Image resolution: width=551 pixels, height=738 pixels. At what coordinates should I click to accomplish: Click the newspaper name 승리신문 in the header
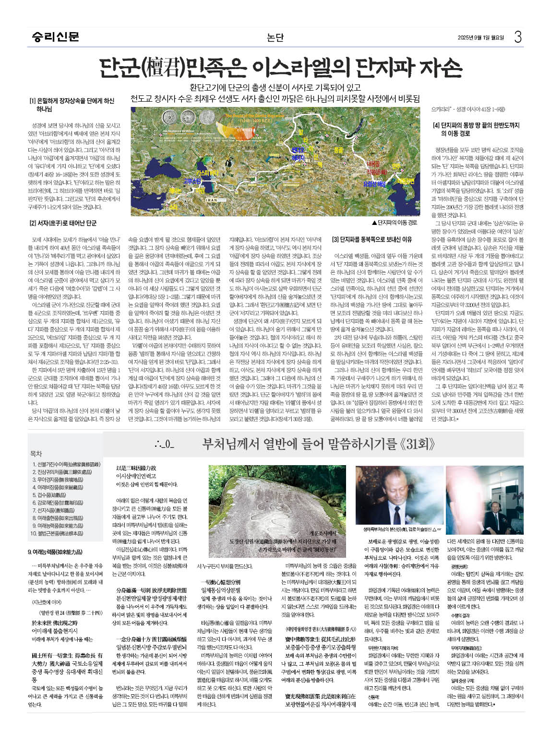pos(55,36)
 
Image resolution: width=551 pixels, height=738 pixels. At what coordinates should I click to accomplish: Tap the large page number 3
pos(517,37)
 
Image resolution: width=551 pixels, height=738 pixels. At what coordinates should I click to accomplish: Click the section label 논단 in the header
pos(275,37)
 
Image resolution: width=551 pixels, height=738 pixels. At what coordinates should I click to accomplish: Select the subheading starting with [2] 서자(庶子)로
pos(63,223)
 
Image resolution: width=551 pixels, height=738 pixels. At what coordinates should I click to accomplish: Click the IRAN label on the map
pos(211,200)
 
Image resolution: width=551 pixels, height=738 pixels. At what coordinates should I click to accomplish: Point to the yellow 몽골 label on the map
pos(338,151)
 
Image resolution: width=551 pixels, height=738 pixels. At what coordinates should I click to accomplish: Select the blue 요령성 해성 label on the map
pos(374,184)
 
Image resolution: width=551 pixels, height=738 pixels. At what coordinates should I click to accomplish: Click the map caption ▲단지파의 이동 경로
pos(395,223)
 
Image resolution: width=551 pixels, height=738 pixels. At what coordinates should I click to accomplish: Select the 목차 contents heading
pos(36,454)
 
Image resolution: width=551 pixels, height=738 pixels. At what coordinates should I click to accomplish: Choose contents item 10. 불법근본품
pos(57,533)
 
